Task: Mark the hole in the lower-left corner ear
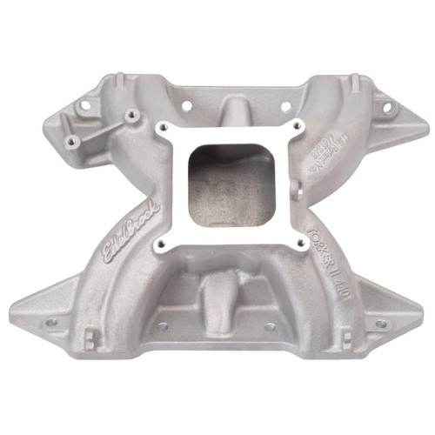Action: pos(50,321)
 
